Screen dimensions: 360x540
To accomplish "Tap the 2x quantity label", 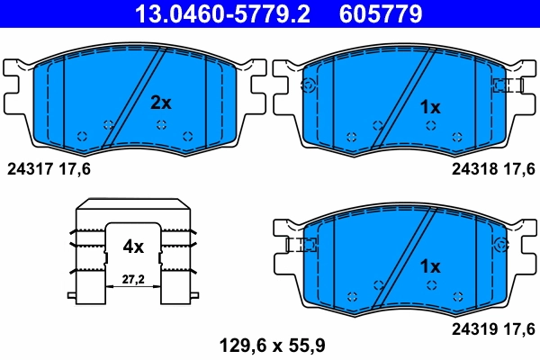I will point(160,103).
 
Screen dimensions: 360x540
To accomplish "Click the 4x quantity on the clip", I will point(133,244).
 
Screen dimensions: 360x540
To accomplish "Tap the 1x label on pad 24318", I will point(430,107).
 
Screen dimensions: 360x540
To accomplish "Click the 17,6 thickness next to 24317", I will point(76,168).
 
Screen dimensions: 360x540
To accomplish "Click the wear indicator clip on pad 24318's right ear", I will point(508,85).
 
